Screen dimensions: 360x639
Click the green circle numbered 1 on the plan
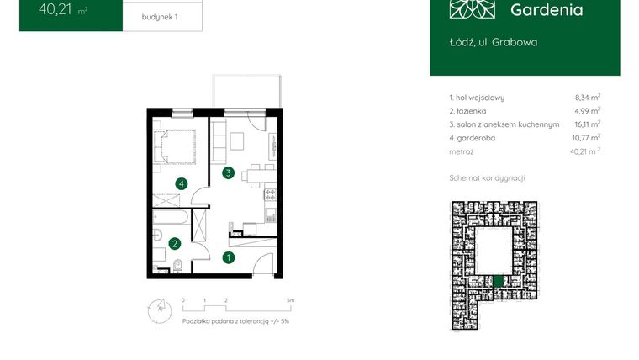(x=227, y=258)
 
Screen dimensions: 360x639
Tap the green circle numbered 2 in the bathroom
(x=174, y=244)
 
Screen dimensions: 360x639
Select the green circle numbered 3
(x=227, y=173)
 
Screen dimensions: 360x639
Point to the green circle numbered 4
(x=180, y=183)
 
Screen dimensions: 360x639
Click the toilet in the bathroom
(x=179, y=267)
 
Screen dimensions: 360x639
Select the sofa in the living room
(x=218, y=143)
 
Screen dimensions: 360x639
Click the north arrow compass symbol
(x=155, y=309)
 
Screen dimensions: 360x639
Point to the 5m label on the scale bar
(x=289, y=299)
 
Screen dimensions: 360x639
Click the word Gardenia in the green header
(x=547, y=10)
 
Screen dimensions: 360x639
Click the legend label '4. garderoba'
(x=478, y=138)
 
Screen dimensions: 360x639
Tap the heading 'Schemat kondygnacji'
(x=488, y=178)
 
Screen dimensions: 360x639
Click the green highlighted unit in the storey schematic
(x=498, y=283)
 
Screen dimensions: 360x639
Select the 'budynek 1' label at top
(x=161, y=15)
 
